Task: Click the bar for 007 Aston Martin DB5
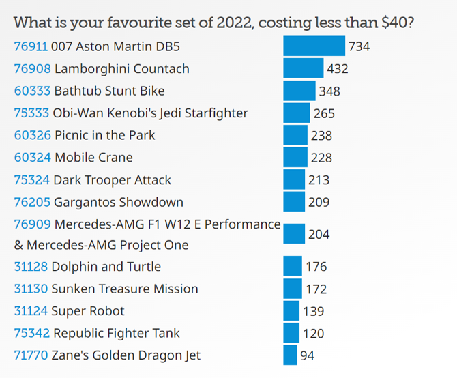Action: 314,46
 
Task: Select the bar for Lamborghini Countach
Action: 303,68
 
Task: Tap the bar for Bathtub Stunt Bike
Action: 299,91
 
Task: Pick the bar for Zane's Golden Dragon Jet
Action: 290,355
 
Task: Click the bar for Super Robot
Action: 291,311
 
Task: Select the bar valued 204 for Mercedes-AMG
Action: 294,234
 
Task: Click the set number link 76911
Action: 31,47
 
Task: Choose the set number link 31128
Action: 31,267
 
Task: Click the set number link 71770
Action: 31,355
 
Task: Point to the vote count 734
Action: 359,47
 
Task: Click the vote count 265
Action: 324,113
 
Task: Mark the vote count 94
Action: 307,355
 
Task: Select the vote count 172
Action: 316,289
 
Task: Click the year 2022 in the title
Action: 233,23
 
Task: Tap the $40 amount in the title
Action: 397,23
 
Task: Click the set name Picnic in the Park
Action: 104,135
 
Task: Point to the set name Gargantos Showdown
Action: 118,202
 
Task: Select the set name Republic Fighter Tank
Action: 116,333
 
